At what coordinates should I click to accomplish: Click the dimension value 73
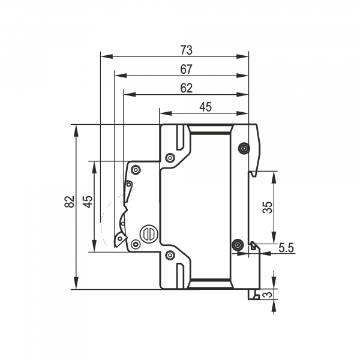tap(186, 50)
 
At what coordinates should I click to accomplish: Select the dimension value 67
tap(186, 69)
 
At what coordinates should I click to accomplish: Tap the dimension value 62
tap(186, 88)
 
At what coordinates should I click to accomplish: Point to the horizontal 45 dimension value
tap(205, 107)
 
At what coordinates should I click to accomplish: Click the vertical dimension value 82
tap(70, 202)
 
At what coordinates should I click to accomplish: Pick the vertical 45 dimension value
tap(88, 202)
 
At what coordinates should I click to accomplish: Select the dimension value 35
tap(268, 208)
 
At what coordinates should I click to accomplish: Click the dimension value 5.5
tap(286, 248)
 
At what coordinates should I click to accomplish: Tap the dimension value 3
tap(268, 295)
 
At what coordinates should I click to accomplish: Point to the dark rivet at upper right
tap(244, 148)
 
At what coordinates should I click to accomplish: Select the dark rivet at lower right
tap(238, 245)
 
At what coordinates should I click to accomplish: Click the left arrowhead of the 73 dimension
tap(107, 56)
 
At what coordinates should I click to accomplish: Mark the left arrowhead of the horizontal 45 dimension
tap(166, 113)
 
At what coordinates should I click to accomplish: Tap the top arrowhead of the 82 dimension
tap(76, 131)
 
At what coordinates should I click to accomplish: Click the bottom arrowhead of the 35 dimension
tap(274, 237)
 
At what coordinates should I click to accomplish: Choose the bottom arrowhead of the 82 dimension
tap(76, 283)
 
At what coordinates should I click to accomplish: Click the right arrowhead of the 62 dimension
tap(242, 94)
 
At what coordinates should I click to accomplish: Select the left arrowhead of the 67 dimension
tap(121, 76)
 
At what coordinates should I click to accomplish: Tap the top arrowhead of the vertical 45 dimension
tap(94, 167)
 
